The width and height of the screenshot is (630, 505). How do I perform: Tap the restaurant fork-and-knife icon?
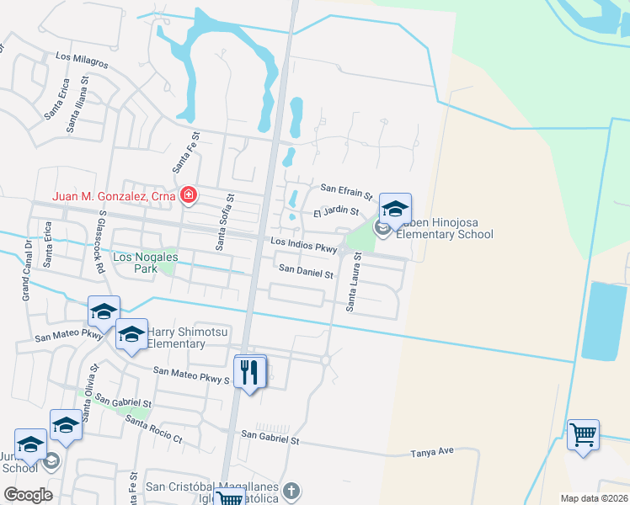point(248,372)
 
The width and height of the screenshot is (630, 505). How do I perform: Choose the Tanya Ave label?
point(432,451)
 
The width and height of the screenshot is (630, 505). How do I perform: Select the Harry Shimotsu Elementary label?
point(187,338)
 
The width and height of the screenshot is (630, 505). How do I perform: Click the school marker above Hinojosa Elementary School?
point(395,207)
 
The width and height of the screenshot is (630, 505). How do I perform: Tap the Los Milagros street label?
point(82,62)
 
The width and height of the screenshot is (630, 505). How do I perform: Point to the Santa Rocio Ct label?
point(153,428)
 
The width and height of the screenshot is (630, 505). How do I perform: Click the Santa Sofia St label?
point(224,221)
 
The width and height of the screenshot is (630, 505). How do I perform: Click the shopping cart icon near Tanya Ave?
point(583,435)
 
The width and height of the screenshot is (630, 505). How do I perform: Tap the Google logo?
point(28,494)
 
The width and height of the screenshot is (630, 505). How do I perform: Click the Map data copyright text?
point(592,498)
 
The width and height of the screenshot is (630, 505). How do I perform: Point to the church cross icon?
point(291,491)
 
